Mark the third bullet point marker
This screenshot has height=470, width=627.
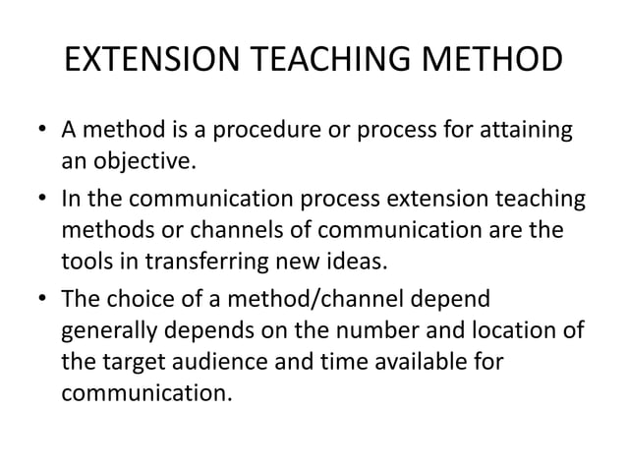click(x=41, y=301)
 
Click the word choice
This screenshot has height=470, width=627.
click(x=137, y=299)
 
